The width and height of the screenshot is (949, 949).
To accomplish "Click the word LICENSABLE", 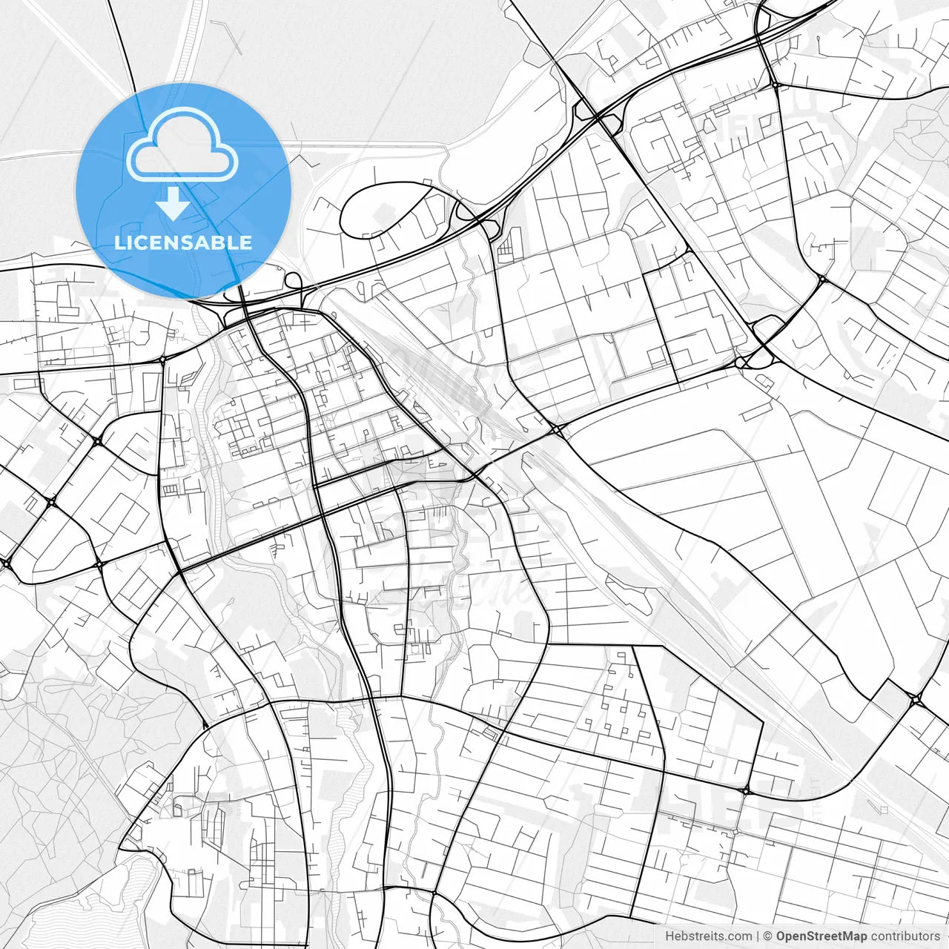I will [183, 242].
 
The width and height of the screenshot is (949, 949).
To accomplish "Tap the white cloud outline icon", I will [182, 145].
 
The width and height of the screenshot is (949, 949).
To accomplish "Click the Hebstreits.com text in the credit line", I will [708, 936].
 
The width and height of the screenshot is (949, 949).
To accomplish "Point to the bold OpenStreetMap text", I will [821, 936].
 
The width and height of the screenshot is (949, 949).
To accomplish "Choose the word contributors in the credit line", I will [905, 936].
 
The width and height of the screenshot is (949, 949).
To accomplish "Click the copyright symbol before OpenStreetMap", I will [768, 936].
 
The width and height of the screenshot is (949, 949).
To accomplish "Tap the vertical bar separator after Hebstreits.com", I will [758, 936].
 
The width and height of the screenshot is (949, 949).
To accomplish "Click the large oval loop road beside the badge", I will [386, 209].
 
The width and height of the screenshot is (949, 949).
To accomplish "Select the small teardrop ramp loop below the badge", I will [294, 282].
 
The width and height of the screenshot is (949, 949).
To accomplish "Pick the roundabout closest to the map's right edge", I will [917, 698].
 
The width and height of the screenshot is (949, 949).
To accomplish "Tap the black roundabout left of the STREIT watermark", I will [747, 791].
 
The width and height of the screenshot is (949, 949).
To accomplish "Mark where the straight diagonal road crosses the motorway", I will [597, 117].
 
